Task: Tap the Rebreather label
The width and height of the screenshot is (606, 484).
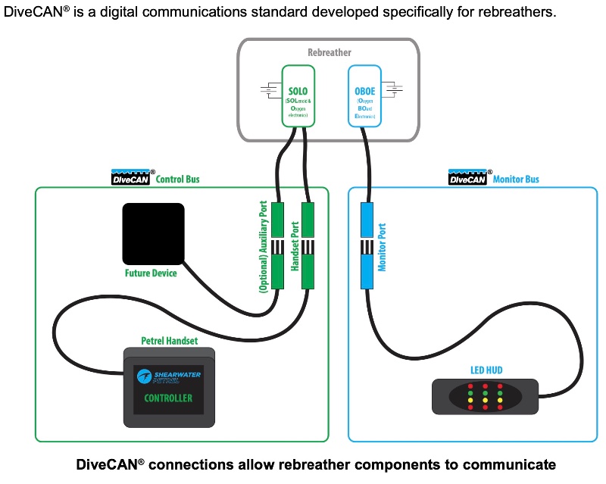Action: (x=330, y=52)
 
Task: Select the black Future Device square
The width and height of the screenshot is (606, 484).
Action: (x=154, y=234)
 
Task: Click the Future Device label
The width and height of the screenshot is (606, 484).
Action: (x=151, y=273)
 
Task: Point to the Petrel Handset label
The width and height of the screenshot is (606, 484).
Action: (x=170, y=341)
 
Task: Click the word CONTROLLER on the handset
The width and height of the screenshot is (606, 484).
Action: (x=168, y=398)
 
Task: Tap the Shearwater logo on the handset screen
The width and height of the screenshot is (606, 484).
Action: (x=168, y=376)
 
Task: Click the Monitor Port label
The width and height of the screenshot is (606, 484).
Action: (x=383, y=247)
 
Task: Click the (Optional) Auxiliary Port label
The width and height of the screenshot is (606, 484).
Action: (x=264, y=247)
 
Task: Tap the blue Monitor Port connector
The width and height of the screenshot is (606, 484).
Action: (x=367, y=247)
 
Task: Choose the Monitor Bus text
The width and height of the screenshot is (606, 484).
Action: (x=516, y=180)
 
